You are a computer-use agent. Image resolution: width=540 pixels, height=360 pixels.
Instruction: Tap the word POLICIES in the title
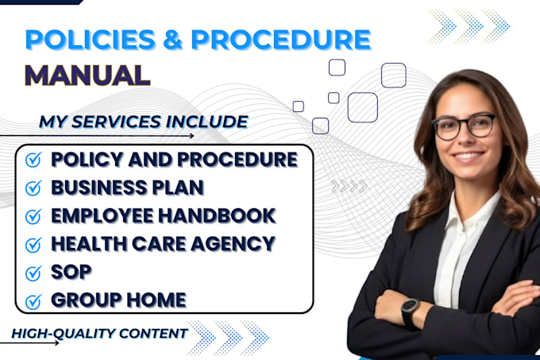(87, 41)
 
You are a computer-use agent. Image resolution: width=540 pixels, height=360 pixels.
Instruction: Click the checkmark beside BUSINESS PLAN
(33, 188)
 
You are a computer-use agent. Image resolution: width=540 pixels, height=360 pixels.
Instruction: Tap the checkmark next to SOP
(33, 273)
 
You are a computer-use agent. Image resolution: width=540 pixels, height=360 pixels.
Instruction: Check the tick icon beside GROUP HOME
(33, 301)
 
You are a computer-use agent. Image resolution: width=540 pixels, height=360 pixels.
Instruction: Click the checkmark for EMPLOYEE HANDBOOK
(33, 216)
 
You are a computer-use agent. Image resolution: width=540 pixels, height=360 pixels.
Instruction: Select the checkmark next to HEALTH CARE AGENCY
(33, 244)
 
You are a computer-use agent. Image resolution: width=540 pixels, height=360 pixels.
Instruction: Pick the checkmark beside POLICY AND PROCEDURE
(33, 161)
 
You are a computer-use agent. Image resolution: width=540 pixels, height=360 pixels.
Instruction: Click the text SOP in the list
(71, 272)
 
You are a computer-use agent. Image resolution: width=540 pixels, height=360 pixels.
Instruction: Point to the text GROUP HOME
(118, 300)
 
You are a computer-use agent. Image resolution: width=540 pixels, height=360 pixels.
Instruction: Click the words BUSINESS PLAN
(127, 188)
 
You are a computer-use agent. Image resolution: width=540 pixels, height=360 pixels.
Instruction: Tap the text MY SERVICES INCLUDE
(143, 122)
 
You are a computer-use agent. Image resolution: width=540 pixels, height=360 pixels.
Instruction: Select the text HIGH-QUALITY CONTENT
(99, 333)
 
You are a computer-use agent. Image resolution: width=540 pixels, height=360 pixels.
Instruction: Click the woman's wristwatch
(410, 312)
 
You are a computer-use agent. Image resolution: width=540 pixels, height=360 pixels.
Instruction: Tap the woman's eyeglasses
(465, 126)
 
